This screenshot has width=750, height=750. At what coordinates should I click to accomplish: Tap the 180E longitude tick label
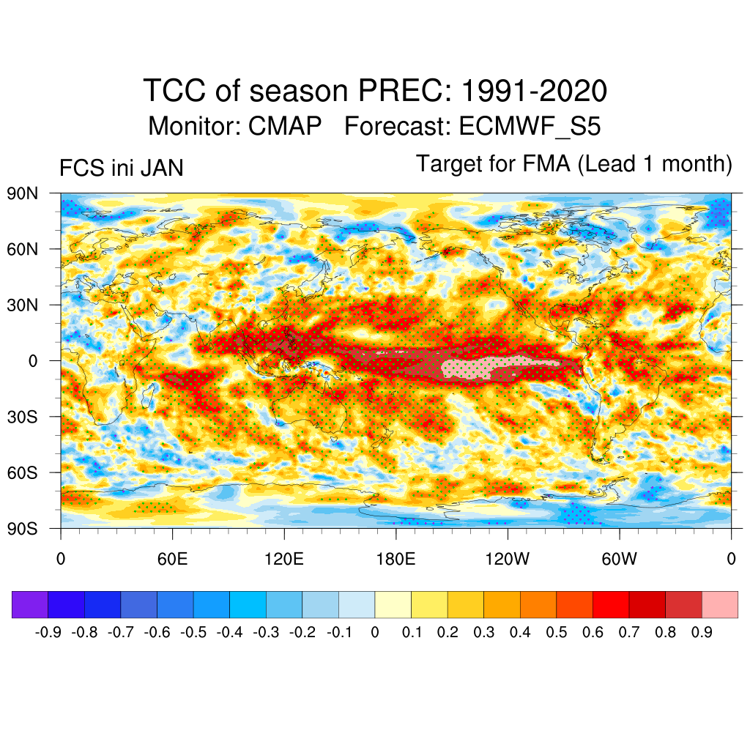point(396,560)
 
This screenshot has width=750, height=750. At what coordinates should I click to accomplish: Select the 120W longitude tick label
point(507,560)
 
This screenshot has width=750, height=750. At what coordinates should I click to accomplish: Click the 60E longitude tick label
point(171,560)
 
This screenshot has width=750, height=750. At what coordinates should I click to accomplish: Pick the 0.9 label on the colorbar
point(702,632)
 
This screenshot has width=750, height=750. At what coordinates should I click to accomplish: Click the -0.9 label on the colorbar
point(48,632)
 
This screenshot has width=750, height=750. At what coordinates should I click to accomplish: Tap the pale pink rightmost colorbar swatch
point(719,604)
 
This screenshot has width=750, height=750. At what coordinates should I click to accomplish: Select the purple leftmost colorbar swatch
point(30,604)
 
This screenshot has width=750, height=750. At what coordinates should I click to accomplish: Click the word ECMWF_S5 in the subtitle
point(530,127)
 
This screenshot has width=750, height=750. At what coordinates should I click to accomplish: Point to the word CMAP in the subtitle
point(285,127)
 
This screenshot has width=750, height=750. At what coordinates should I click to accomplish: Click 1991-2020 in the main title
point(534,92)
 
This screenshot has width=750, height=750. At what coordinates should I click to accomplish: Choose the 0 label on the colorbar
point(375,632)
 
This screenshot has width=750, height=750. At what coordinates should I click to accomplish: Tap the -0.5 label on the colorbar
point(193,632)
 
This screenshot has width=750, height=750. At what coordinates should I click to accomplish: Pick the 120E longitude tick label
point(283,560)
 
